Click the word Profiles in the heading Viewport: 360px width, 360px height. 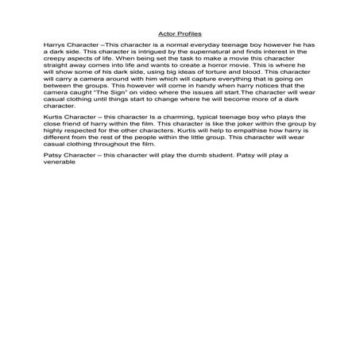(190, 35)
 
